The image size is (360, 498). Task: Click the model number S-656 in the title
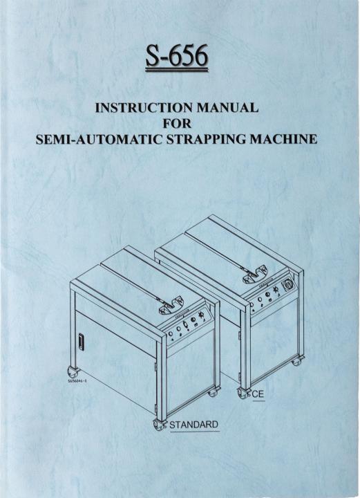(x=177, y=56)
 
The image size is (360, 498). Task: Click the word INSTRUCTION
(x=144, y=108)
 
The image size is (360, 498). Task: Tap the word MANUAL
(x=228, y=108)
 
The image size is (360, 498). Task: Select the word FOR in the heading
(x=177, y=123)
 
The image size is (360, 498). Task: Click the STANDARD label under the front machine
(x=194, y=425)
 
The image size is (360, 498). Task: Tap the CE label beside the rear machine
(x=258, y=394)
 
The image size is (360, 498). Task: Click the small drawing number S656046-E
(x=77, y=380)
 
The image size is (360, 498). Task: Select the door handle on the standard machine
(x=82, y=342)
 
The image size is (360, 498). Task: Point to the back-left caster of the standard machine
(x=71, y=370)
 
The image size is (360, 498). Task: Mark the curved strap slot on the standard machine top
(x=171, y=305)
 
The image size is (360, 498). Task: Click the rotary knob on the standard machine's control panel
(x=200, y=315)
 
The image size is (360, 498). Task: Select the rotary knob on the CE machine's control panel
(x=275, y=290)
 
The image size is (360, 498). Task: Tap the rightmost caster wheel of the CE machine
(x=298, y=361)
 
